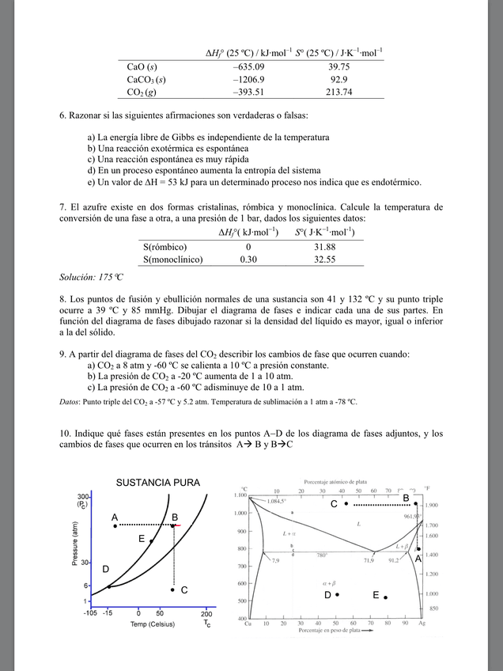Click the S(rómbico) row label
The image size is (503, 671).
click(x=165, y=247)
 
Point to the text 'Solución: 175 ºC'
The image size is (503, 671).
click(x=92, y=277)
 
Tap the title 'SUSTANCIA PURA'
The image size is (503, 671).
click(x=158, y=483)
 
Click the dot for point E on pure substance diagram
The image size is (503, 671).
click(x=151, y=540)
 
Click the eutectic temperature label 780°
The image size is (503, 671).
click(x=322, y=555)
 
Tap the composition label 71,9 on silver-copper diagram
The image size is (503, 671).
click(x=369, y=560)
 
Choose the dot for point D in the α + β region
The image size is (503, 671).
click(x=337, y=595)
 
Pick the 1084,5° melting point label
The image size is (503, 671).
click(x=277, y=501)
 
